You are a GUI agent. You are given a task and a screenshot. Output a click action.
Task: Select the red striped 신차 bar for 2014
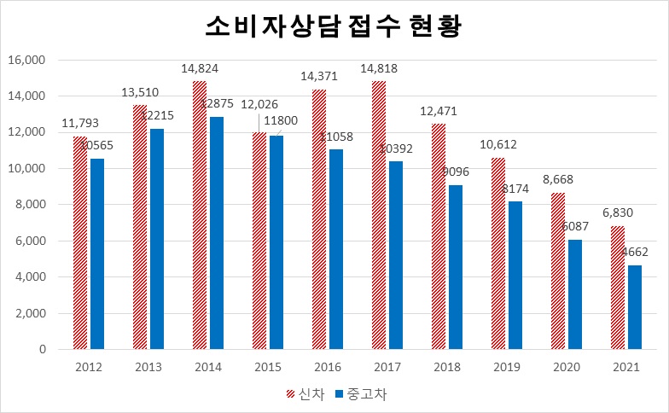tap(200, 215)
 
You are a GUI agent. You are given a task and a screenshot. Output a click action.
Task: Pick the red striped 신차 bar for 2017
tap(379, 215)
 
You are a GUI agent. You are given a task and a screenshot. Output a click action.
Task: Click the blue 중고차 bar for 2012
tap(97, 254)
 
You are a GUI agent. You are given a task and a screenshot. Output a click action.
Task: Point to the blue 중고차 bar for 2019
tap(516, 276)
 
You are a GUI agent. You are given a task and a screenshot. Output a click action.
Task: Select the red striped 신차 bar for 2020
tap(558, 271)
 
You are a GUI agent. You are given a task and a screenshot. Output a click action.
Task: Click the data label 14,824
tap(199, 68)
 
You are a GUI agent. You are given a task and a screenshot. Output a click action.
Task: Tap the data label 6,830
tap(617, 213)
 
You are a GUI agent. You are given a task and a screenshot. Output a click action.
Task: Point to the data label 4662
tap(637, 253)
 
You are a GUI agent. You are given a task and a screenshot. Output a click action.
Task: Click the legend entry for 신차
tap(303, 393)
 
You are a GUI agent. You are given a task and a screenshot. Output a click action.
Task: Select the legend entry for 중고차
tap(360, 393)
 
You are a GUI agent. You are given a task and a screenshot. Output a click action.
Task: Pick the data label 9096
tap(457, 172)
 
